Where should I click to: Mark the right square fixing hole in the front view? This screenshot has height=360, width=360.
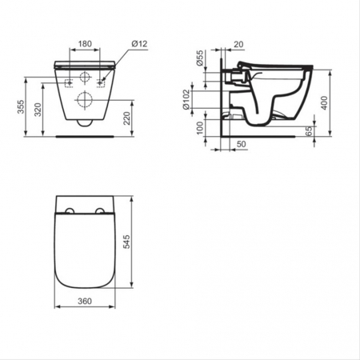point(100,82)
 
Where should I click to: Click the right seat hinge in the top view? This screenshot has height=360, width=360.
point(100,210)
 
